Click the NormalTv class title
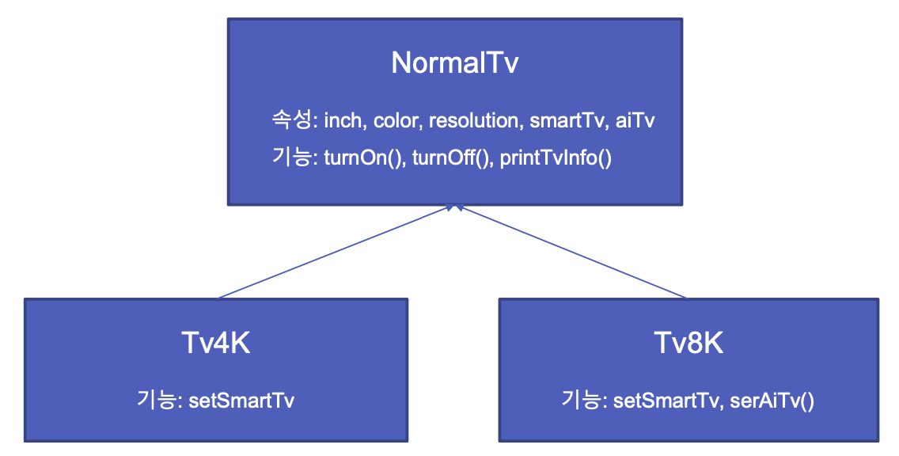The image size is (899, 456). (454, 63)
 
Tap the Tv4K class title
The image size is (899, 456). (215, 344)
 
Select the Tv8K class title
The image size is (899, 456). (688, 344)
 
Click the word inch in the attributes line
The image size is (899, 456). (342, 121)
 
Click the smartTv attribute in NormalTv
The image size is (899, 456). (564, 121)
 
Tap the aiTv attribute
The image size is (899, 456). (635, 121)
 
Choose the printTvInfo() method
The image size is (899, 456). (556, 158)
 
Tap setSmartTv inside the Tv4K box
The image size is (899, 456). (241, 401)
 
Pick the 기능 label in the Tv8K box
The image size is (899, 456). (582, 401)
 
